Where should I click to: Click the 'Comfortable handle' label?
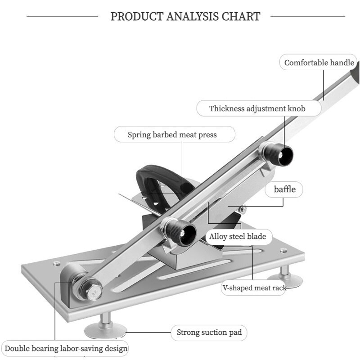point(319,63)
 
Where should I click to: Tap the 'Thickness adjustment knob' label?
point(257,108)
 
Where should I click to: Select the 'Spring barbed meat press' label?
point(172,135)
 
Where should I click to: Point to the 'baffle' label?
point(284,189)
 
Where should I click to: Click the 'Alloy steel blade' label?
point(238,236)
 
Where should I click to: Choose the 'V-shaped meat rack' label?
point(254,288)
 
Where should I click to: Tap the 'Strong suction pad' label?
point(209,332)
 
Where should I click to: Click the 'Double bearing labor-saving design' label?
point(66,348)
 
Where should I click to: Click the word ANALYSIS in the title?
point(193,17)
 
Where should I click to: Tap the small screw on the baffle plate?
point(243,209)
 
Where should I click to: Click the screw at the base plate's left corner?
point(57,263)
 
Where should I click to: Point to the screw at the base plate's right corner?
point(284,251)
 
